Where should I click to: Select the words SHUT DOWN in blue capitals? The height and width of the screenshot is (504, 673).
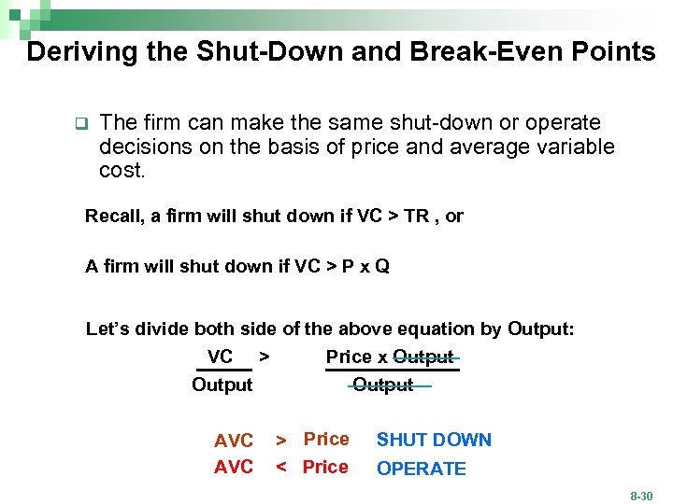(x=434, y=440)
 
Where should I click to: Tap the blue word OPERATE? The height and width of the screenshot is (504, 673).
(x=421, y=469)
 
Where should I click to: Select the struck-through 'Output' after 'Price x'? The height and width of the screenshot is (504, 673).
(x=423, y=357)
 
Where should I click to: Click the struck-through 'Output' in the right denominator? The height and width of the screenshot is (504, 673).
(x=383, y=385)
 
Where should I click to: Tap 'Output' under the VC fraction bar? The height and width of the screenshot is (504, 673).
(x=222, y=385)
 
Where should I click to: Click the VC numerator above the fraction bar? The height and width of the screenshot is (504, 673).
(x=220, y=357)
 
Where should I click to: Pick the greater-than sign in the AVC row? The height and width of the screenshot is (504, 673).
(x=280, y=440)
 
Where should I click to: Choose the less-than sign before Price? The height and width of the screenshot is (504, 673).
(x=280, y=468)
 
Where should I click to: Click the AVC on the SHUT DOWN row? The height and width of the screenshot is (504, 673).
(x=234, y=441)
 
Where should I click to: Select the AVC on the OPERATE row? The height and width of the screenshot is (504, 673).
(x=234, y=468)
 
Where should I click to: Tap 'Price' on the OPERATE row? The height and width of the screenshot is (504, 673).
(x=325, y=467)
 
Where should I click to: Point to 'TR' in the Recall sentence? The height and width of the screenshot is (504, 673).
(x=416, y=216)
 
